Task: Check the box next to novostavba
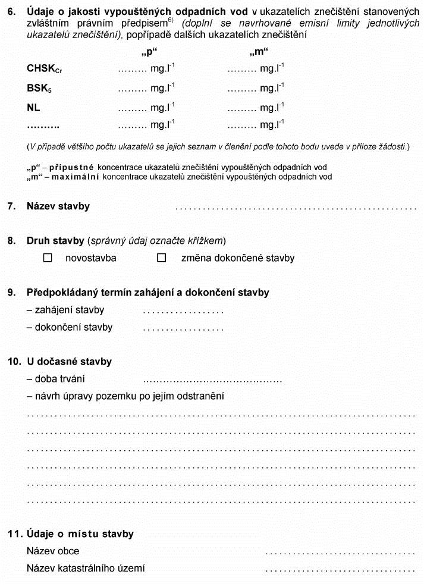pyautogui.click(x=48, y=258)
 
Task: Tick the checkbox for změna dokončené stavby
pyautogui.click(x=161, y=258)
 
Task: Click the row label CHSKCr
pyautogui.click(x=44, y=69)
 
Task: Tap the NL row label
pyautogui.click(x=34, y=108)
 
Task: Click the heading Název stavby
pyautogui.click(x=58, y=206)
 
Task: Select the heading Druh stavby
pyautogui.click(x=55, y=241)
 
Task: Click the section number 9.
pyautogui.click(x=11, y=293)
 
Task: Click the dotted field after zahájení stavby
pyautogui.click(x=183, y=310)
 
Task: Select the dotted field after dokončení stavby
pyautogui.click(x=183, y=328)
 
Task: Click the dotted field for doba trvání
pyautogui.click(x=212, y=379)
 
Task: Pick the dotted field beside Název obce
pyautogui.click(x=340, y=551)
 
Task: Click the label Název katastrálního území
pyautogui.click(x=86, y=569)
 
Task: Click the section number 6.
pyautogui.click(x=11, y=12)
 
